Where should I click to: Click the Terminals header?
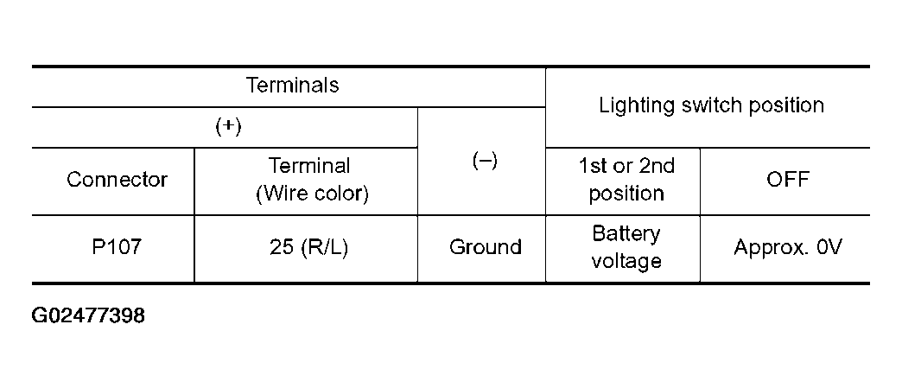pyautogui.click(x=292, y=86)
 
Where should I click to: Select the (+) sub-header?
pyautogui.click(x=227, y=126)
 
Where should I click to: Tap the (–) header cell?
pyautogui.click(x=485, y=162)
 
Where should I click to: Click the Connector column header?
pyautogui.click(x=117, y=180)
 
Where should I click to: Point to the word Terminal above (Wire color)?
pyautogui.click(x=309, y=165)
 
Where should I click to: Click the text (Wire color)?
pyautogui.click(x=312, y=194)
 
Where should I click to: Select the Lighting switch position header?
pyautogui.click(x=711, y=105)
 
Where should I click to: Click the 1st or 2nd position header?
pyautogui.click(x=626, y=179)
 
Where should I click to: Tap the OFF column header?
pyautogui.click(x=787, y=180)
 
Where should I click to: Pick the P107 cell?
pyautogui.click(x=116, y=247)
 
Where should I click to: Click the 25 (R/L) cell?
pyautogui.click(x=310, y=247)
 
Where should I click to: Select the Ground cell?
pyautogui.click(x=485, y=247)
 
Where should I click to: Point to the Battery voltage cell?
pyautogui.click(x=626, y=247)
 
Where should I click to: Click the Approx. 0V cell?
pyautogui.click(x=787, y=247)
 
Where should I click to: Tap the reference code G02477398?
pyautogui.click(x=88, y=316)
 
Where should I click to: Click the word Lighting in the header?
pyautogui.click(x=630, y=105)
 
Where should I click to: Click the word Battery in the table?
pyautogui.click(x=626, y=234)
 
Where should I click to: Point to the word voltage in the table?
pyautogui.click(x=626, y=260)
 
